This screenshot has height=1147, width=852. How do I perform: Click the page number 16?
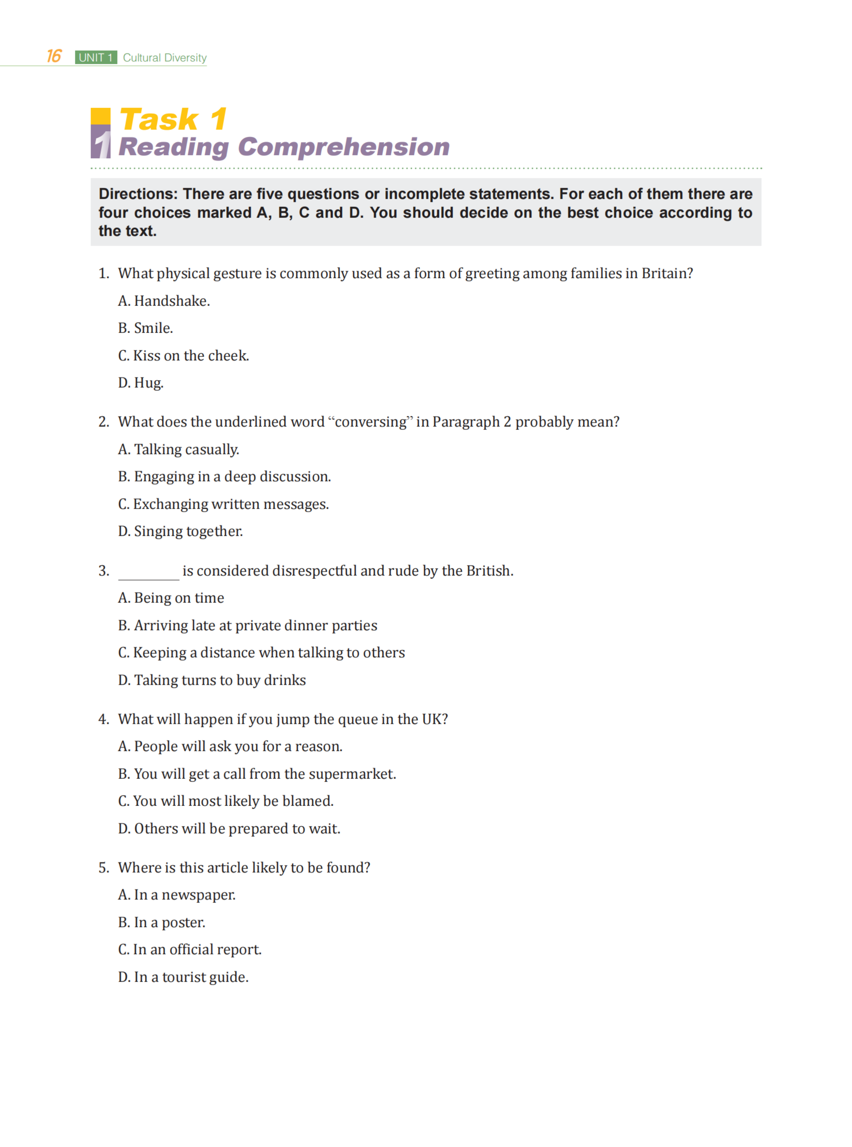click(x=54, y=56)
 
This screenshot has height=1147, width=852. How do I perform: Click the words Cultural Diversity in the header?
click(x=165, y=58)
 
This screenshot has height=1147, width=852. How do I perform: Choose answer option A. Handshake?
click(x=164, y=301)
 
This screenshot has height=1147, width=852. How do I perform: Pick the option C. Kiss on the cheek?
click(x=184, y=356)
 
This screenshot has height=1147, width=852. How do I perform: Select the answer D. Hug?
click(x=141, y=383)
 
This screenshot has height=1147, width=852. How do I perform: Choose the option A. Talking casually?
click(x=178, y=450)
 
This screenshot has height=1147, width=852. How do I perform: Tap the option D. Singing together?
click(x=181, y=531)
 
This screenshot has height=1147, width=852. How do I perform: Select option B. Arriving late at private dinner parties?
click(x=248, y=626)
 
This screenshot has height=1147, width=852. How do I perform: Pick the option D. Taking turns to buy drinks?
click(x=212, y=681)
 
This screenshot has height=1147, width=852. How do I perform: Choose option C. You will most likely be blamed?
click(x=226, y=801)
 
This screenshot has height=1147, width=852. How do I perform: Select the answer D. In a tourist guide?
click(x=184, y=978)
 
